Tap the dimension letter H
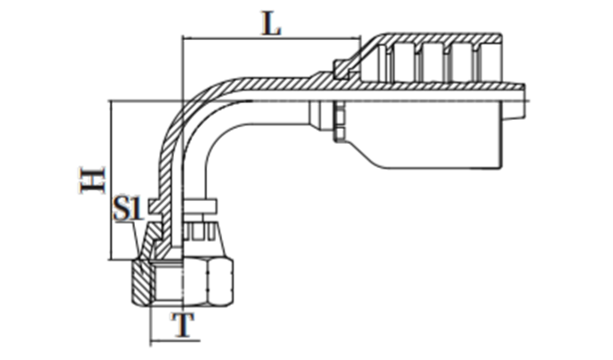click(x=92, y=181)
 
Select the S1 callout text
click(x=129, y=210)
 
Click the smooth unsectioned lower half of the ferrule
click(x=426, y=142)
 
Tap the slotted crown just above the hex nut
click(x=198, y=234)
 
